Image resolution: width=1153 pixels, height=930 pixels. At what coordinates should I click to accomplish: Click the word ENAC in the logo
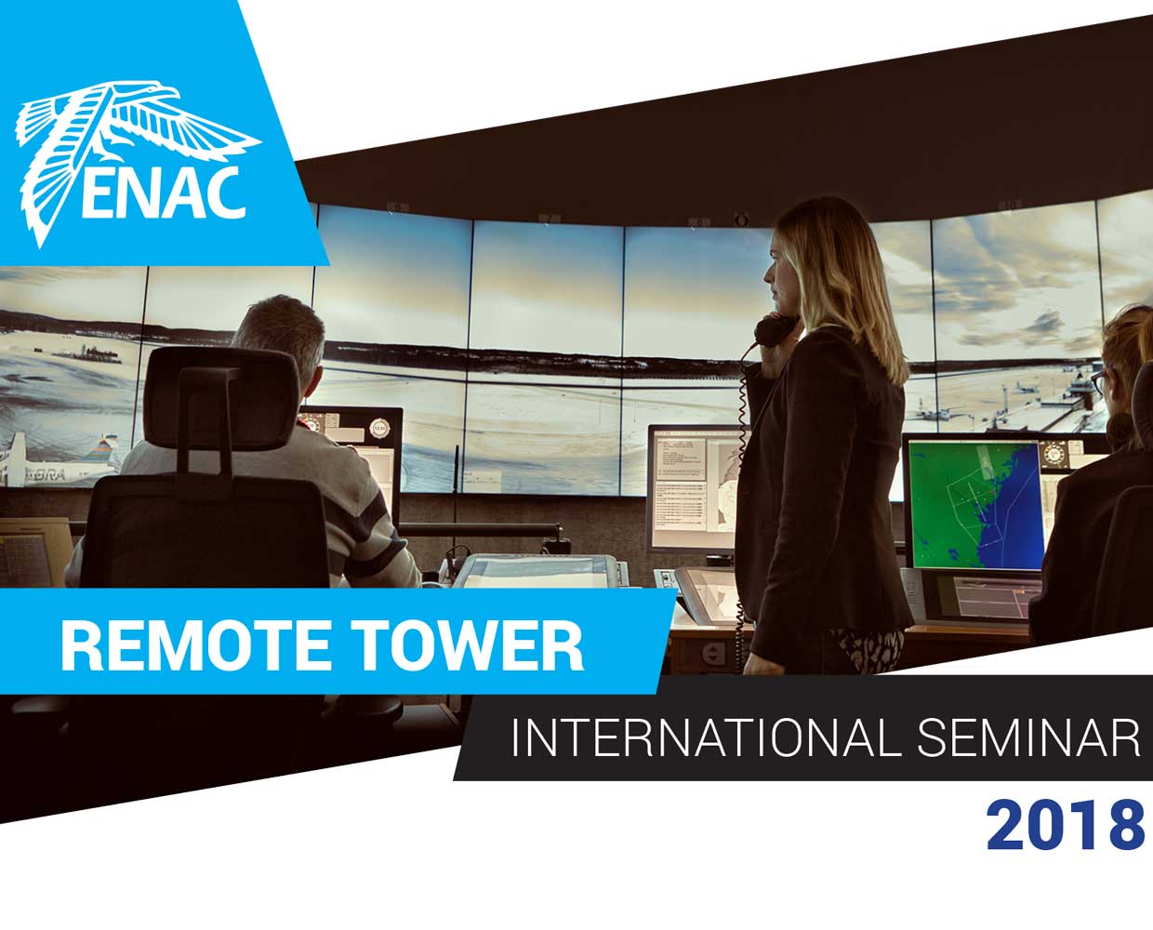[x=163, y=193]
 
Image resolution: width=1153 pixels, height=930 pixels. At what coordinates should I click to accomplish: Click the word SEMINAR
[x=1028, y=737]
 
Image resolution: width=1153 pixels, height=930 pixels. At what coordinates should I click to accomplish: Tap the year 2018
[x=1064, y=826]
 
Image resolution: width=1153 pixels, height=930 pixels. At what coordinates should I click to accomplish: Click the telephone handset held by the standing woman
[x=775, y=329]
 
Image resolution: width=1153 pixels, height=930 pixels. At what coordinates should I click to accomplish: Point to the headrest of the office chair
[x=221, y=398]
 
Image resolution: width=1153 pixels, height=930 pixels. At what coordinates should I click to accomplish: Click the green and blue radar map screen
[x=976, y=505]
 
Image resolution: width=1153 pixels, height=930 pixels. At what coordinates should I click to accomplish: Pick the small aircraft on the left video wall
[x=59, y=462]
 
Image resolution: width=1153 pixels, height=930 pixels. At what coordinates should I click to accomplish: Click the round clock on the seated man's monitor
[x=379, y=428]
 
